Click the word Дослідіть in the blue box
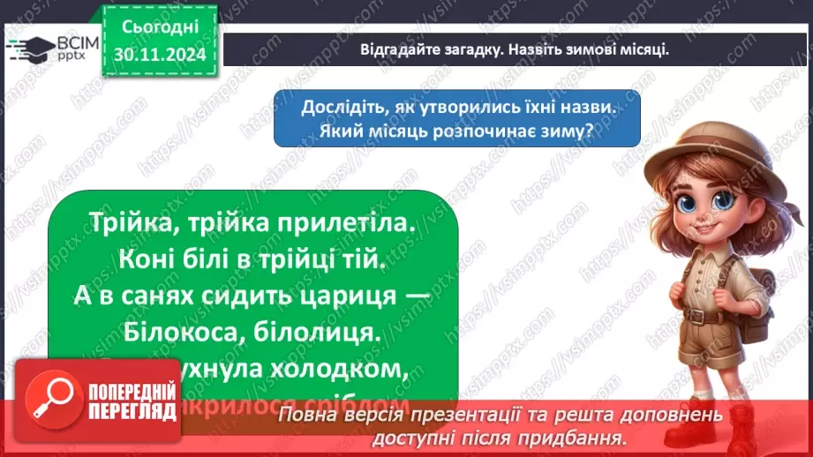pos(339,108)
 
